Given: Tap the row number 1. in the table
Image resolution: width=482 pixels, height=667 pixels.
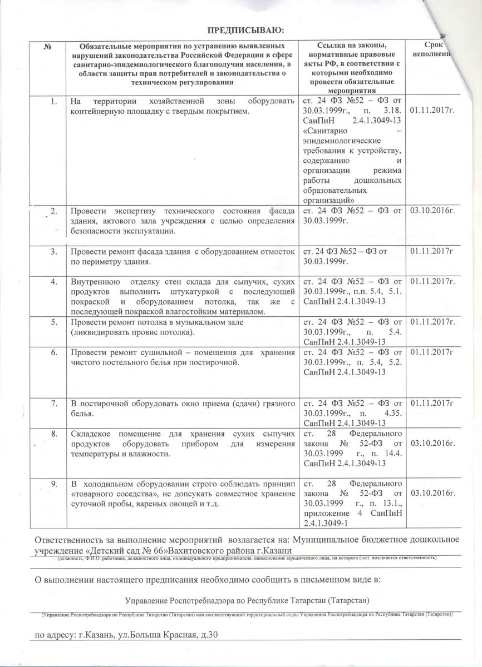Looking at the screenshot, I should tap(53, 102).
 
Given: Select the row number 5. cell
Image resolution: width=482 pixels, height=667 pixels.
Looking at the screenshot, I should tap(53, 322).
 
